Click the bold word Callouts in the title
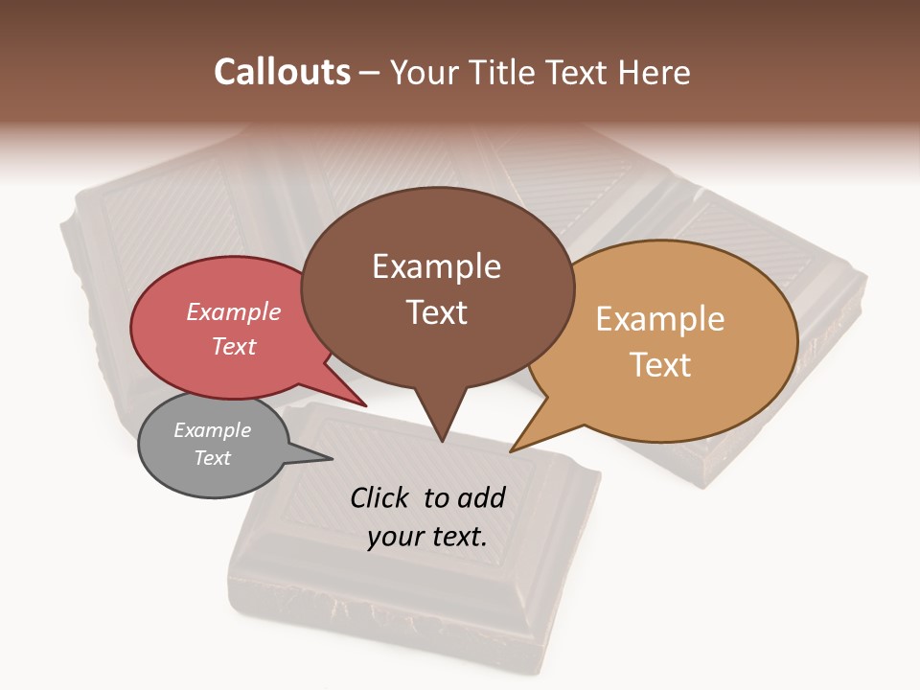coord(282,72)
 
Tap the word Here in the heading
coord(655,72)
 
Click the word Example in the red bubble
coord(234,311)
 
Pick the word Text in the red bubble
coord(234,346)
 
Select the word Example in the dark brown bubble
coord(436,266)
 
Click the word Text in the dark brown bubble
coord(437,312)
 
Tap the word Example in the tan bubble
coord(660,319)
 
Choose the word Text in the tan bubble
coord(660,365)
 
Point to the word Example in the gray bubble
coord(212,430)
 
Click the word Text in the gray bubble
coord(212,458)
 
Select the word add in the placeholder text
coord(481,497)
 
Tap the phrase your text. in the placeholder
coord(427,537)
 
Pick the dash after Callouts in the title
coord(369,73)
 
